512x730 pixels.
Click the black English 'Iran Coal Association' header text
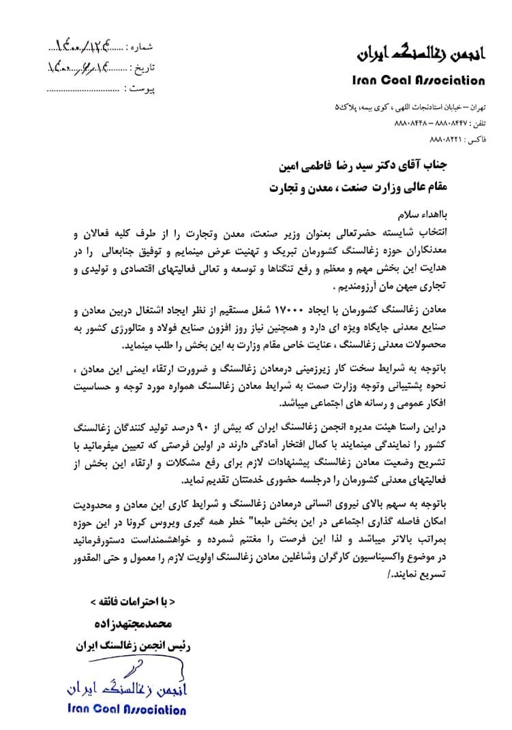pyautogui.click(x=419, y=80)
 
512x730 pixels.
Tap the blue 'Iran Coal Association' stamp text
pyautogui.click(x=127, y=710)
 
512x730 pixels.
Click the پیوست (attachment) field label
pyautogui.click(x=142, y=89)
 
